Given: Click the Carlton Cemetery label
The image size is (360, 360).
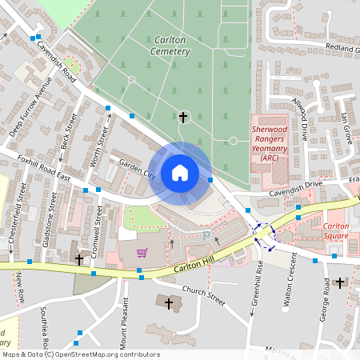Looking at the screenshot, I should point(170,45).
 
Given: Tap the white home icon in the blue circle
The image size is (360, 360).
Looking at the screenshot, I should point(180,172).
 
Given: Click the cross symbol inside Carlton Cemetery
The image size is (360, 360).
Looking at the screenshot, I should point(183,118).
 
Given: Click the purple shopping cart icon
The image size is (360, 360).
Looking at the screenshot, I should point(142,253).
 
